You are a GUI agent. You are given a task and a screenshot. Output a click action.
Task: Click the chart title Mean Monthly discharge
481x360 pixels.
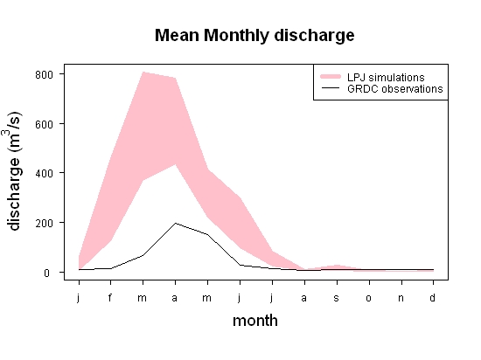[x=254, y=36]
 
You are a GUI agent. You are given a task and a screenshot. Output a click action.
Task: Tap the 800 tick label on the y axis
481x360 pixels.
[x=45, y=75]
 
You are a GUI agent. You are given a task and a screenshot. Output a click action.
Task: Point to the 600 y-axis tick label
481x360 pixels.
[x=45, y=124]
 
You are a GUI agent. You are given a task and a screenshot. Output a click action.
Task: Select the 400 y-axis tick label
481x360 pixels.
[x=45, y=173]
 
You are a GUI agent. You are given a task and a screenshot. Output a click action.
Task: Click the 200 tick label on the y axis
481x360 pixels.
[x=45, y=223]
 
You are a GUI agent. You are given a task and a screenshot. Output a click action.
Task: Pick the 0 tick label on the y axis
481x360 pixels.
[x=46, y=273]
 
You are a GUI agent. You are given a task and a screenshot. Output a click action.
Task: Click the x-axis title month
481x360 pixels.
[x=255, y=321]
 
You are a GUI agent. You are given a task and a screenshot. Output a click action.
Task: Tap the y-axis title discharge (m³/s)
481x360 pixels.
[x=13, y=171]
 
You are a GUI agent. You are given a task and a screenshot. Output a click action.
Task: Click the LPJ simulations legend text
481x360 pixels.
[x=386, y=77]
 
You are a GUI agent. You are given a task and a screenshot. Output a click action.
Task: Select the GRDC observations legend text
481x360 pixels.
[x=395, y=89]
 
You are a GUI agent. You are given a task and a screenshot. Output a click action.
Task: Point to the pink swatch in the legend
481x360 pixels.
[x=331, y=77]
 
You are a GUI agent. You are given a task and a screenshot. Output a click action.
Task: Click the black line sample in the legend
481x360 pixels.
[x=331, y=88]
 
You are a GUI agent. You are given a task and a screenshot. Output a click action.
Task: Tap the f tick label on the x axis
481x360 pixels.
[x=110, y=297]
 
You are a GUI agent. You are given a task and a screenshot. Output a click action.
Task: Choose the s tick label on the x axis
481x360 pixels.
[x=337, y=298]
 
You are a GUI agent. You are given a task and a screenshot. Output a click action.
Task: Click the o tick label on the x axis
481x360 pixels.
[x=369, y=298]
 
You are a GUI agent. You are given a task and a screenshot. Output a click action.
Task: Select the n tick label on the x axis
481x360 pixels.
[x=401, y=298]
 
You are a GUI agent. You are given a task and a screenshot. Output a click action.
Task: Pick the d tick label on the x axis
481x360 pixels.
[x=433, y=297]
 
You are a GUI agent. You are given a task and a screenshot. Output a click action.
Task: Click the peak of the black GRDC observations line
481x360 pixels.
[x=175, y=223]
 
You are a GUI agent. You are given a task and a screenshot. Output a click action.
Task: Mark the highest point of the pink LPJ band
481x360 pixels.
[x=143, y=72]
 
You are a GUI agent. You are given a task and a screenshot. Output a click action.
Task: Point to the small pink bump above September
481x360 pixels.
[x=337, y=267]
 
